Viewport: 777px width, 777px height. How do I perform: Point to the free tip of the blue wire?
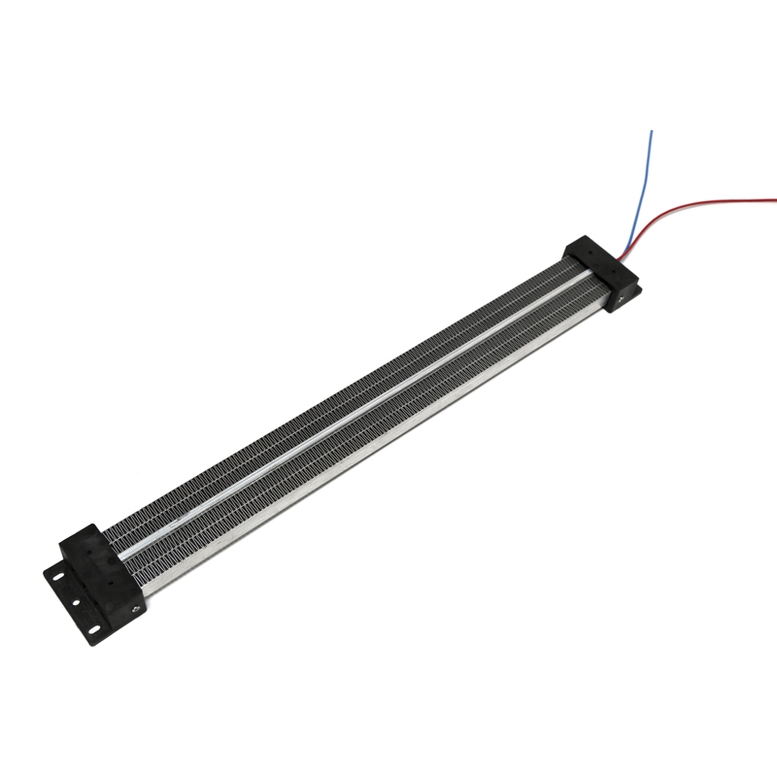point(652,131)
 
